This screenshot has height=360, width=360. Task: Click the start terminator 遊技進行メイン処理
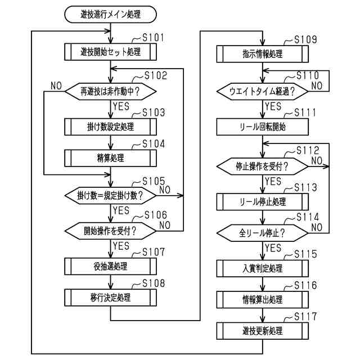[x=110, y=15]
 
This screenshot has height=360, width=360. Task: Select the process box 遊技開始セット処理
[x=110, y=52]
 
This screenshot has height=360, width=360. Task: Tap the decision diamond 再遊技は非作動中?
[x=110, y=92]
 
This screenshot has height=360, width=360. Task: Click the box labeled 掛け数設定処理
[x=110, y=127]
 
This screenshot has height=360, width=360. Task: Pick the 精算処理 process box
[x=110, y=158]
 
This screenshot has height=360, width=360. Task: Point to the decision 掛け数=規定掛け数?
[x=110, y=196]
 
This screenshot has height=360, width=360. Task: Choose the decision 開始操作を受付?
[x=110, y=231]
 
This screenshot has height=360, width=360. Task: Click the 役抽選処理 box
[x=110, y=266]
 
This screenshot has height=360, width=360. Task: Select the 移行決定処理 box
[x=110, y=298]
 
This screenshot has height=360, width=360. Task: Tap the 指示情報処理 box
[x=263, y=54]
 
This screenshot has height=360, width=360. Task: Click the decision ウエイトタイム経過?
[x=263, y=92]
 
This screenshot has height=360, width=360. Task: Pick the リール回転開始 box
[x=263, y=127]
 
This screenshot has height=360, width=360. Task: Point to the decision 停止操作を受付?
[x=263, y=166]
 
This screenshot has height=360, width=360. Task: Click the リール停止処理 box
[x=263, y=202]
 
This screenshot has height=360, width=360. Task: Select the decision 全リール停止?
[x=263, y=233]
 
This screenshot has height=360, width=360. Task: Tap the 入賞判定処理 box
[x=263, y=268]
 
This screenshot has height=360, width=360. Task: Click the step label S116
[x=305, y=285]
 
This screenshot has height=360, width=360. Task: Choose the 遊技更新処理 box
[x=263, y=331]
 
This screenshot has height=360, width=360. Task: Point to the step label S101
[x=153, y=38]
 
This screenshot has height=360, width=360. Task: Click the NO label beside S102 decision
[x=56, y=86]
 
